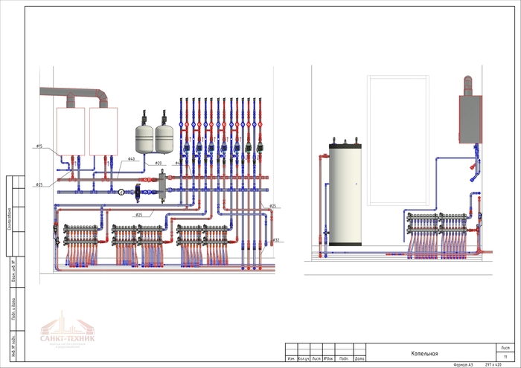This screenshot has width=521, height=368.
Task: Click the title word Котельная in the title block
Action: point(425,355)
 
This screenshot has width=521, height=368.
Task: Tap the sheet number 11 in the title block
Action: point(505,358)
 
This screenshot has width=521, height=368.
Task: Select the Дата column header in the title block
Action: point(359,359)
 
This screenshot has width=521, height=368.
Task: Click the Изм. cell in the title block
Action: point(291,359)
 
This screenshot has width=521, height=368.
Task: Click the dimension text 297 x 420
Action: point(493,365)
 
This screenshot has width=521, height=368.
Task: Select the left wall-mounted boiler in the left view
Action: point(71,130)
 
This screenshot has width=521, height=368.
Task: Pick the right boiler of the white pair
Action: point(103,130)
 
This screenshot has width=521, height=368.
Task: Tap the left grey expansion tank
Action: point(144,136)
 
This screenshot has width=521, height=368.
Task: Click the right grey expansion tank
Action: point(164,136)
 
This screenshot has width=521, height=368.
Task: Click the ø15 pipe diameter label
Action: point(39,146)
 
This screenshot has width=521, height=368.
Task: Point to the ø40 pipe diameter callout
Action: point(131,159)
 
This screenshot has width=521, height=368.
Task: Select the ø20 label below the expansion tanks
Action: point(158,163)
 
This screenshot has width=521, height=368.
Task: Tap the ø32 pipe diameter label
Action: point(275,240)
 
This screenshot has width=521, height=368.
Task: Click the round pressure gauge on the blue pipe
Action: point(121,191)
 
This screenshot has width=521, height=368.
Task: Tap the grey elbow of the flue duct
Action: point(102,94)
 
